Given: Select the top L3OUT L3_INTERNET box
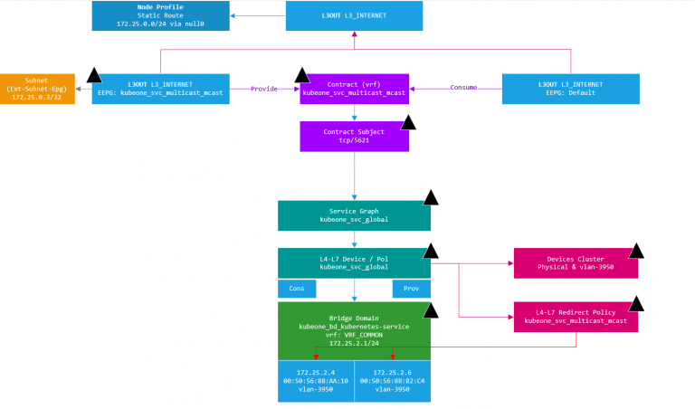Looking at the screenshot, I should click(354, 15).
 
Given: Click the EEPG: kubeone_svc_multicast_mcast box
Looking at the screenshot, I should click(160, 89).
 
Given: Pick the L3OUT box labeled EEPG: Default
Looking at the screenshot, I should click(570, 89).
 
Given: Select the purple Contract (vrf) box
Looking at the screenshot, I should click(354, 89).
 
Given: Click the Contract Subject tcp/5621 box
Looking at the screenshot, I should click(354, 137).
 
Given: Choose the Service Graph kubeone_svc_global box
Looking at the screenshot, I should click(354, 215).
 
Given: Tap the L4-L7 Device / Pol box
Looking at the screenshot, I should click(354, 262).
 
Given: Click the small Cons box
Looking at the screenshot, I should click(297, 289).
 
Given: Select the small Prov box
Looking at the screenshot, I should click(411, 289).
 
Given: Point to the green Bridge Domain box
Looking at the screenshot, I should click(354, 330).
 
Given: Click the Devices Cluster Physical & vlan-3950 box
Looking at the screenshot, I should click(576, 262).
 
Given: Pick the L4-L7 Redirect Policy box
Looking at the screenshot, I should click(576, 316).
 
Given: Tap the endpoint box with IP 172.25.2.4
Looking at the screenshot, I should click(316, 381).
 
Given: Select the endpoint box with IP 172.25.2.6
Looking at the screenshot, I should click(393, 381).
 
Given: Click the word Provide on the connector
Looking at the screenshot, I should click(265, 88).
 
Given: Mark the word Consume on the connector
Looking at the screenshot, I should click(464, 88).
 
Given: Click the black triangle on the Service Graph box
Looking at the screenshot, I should click(431, 197).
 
